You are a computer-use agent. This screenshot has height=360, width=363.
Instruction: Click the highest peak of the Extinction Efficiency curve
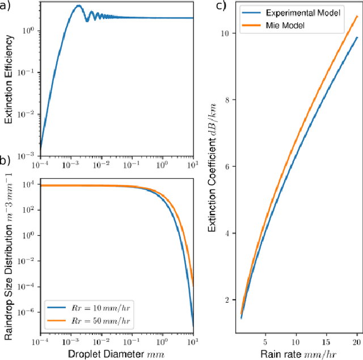pyautogui.click(x=78, y=6)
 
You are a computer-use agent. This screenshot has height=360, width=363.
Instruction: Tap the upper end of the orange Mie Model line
pyautogui.click(x=357, y=16)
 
